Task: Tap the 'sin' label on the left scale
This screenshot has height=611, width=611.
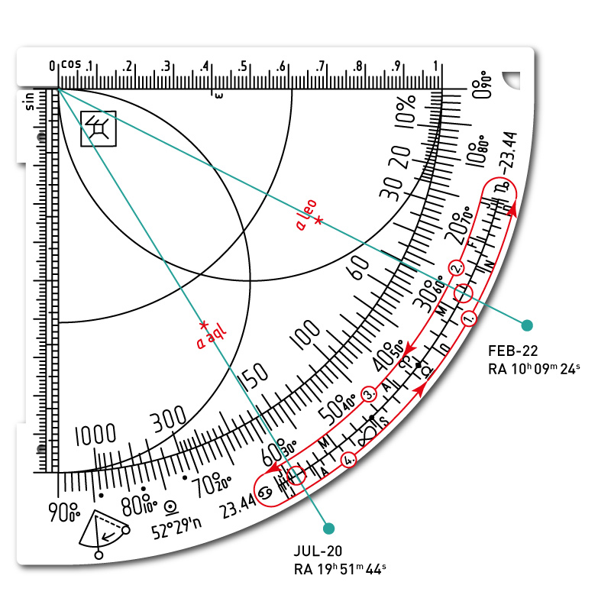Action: coord(29,102)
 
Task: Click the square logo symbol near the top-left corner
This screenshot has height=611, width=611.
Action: coord(99,128)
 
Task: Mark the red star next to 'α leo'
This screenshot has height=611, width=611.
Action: coord(318,221)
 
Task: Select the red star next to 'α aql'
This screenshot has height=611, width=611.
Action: coord(203,324)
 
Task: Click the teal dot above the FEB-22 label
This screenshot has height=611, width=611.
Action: coord(525,325)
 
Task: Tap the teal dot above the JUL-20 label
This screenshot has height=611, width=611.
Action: coord(329,528)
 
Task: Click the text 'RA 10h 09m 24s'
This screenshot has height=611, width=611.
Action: coord(534,369)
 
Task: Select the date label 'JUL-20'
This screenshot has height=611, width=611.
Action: coord(318,551)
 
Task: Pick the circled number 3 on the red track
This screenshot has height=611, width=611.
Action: coord(369,394)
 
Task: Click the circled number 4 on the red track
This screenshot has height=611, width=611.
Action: coord(349,460)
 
